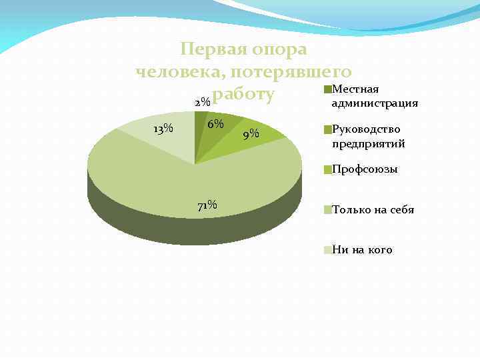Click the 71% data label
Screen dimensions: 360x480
pos(207,205)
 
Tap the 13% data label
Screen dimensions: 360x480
pos(163,129)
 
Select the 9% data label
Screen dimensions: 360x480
pos(251,134)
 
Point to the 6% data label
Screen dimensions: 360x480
pos(215,125)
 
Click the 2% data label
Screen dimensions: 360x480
pos(202,103)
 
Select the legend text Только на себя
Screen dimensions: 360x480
pos(373,209)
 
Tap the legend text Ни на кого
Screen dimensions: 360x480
pos(362,250)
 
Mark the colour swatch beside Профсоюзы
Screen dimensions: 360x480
pos(327,170)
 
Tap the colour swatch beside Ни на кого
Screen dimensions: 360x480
pos(327,250)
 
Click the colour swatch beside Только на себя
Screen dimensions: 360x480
pos(327,210)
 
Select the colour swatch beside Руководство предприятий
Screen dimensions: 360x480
pos(327,130)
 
